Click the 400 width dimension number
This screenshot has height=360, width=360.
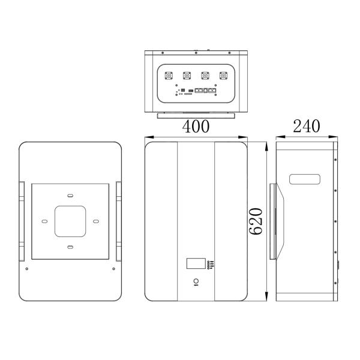(196, 127)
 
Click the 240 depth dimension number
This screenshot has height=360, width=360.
(306, 127)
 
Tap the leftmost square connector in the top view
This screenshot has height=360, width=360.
(169, 76)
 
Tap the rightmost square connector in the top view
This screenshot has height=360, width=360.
(224, 76)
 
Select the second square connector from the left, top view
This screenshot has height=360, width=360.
(187, 76)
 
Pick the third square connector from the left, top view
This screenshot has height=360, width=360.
(205, 76)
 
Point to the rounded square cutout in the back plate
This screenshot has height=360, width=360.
(70, 221)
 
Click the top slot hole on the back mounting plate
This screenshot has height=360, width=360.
(70, 196)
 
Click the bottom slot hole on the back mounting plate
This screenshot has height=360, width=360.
(70, 247)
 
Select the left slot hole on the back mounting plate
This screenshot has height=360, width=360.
(45, 221)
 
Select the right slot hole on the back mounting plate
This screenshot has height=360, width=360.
(95, 221)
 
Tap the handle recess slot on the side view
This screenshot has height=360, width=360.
(306, 179)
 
